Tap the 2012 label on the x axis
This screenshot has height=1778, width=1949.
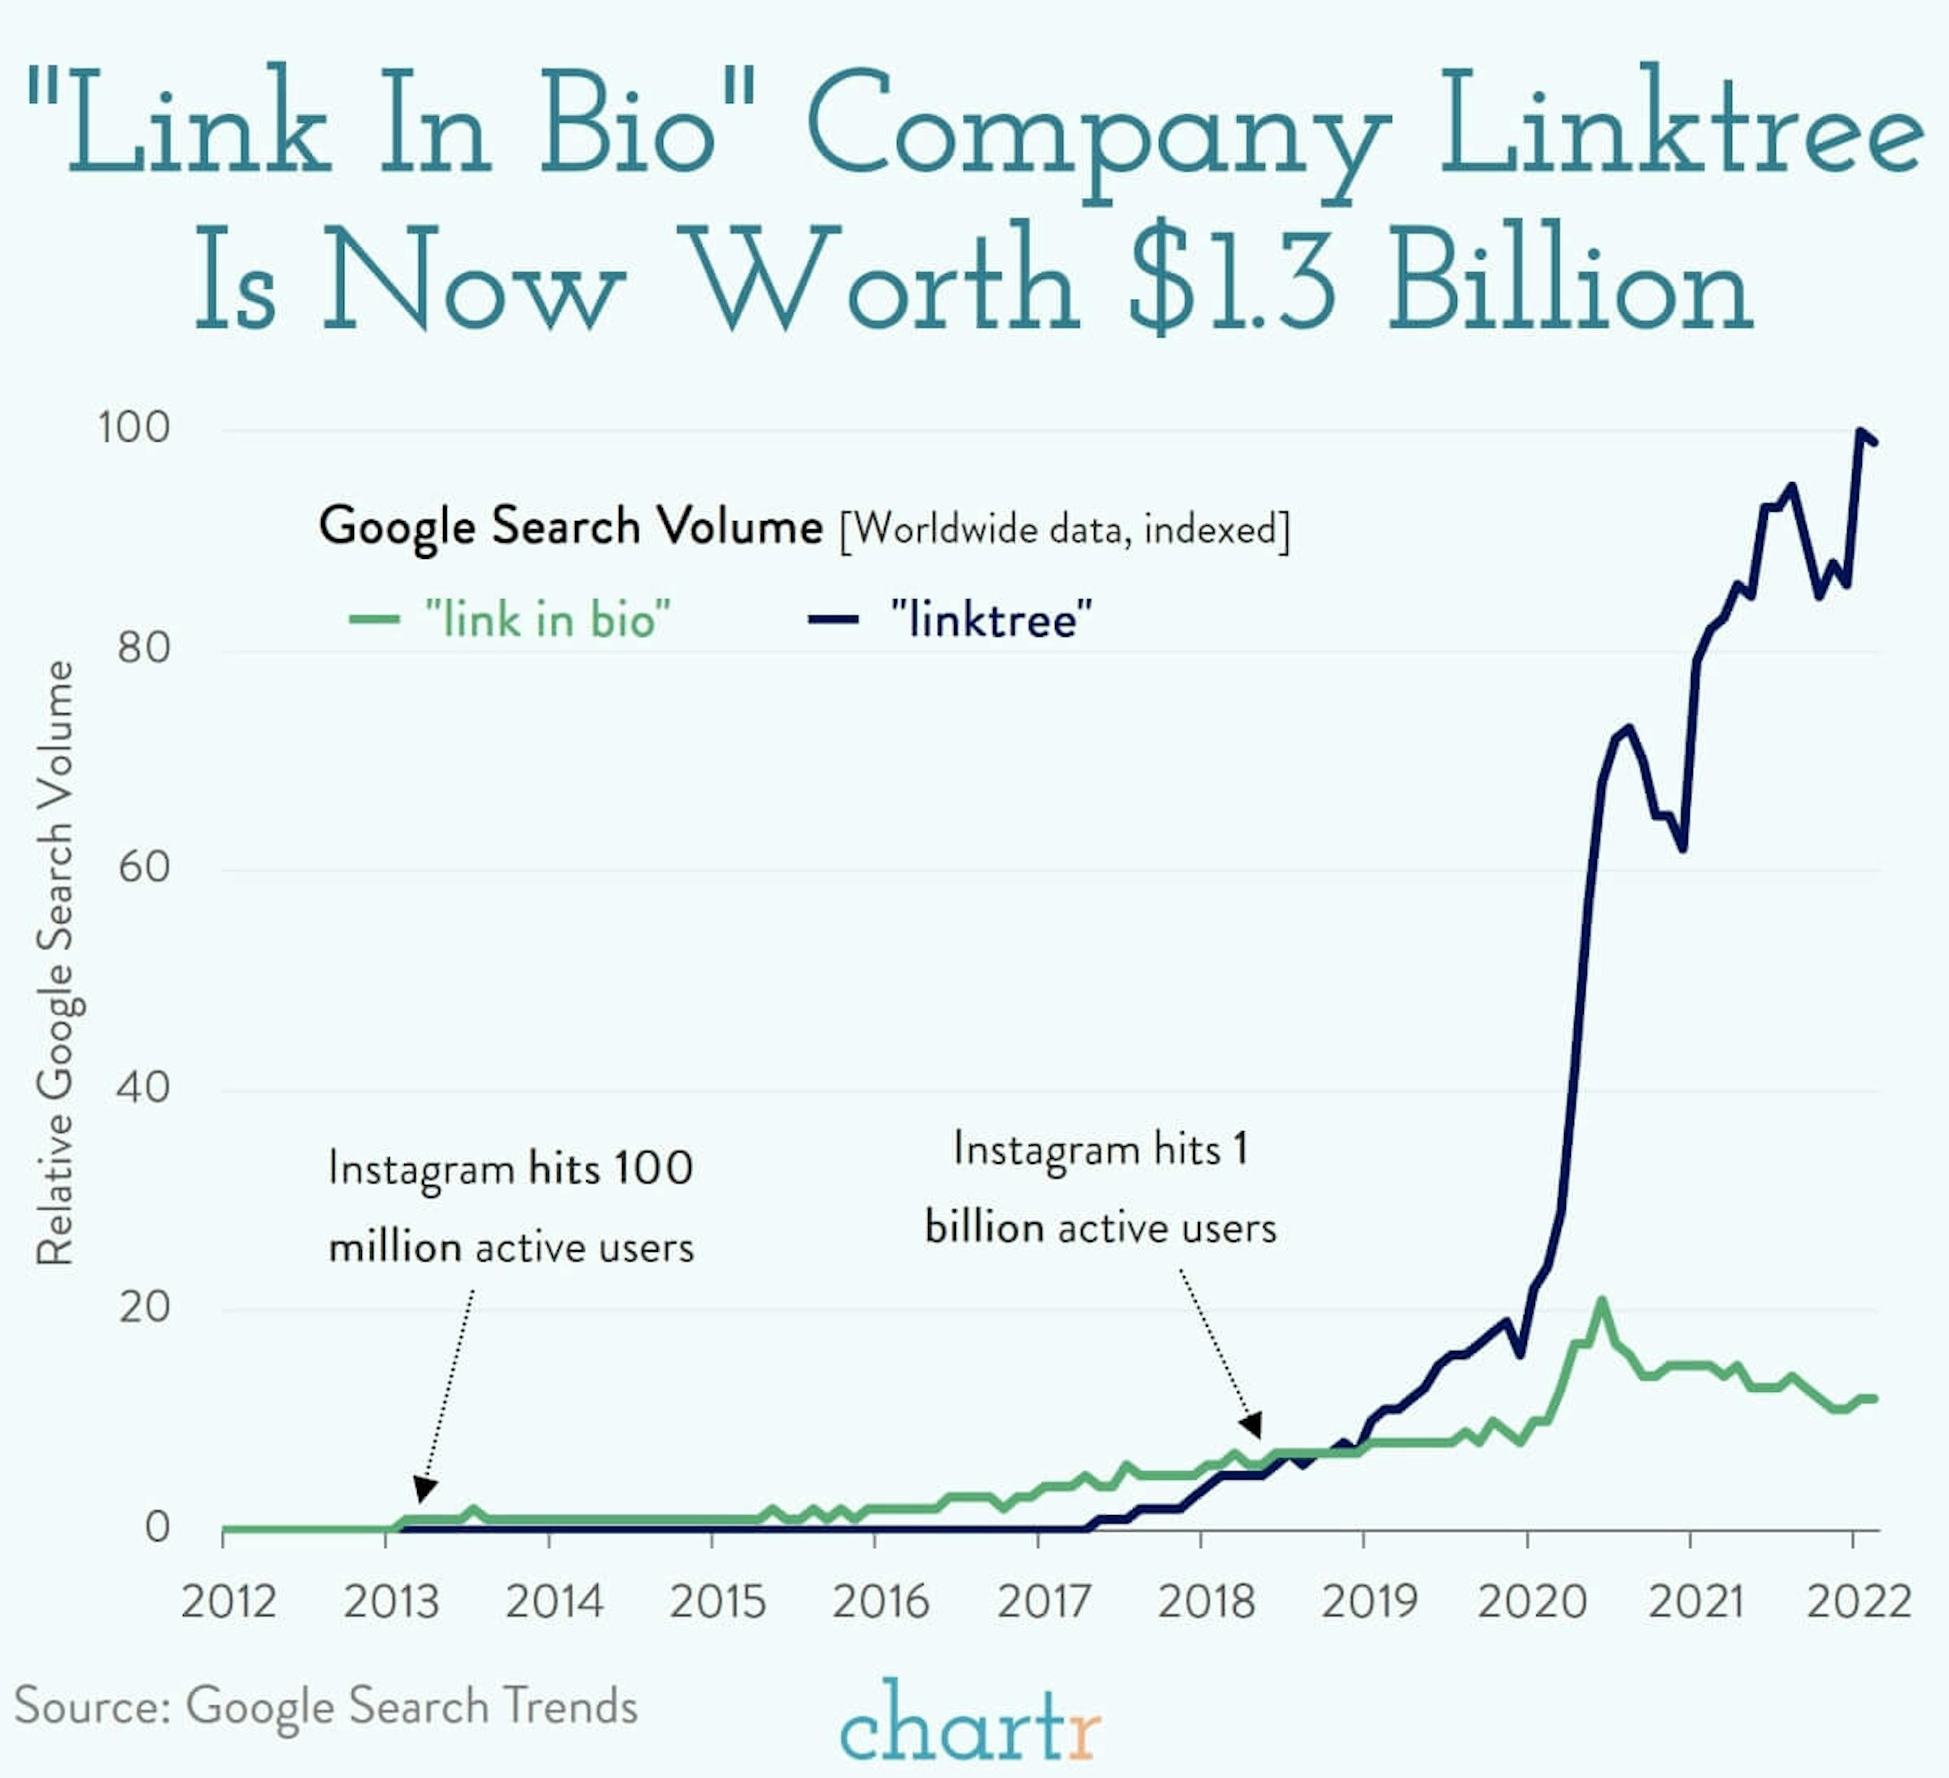228,1602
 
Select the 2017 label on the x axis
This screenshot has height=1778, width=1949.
1043,1602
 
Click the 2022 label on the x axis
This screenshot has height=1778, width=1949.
1858,1602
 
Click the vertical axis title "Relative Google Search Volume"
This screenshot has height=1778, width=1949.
55,962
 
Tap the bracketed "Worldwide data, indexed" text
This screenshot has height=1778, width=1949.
1064,530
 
